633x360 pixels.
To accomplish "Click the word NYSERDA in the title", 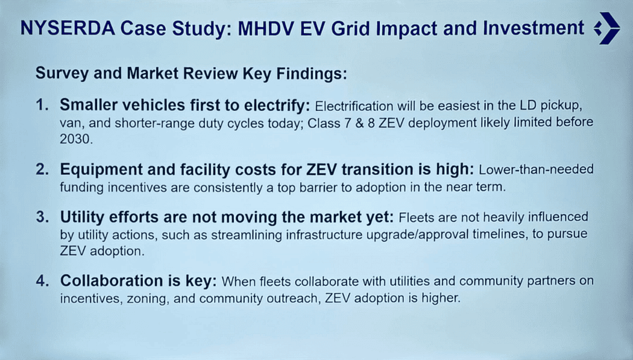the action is [68, 29].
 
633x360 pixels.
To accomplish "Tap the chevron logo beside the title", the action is [606, 28].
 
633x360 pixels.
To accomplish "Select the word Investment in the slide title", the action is [534, 28].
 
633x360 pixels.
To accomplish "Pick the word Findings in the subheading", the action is [311, 74].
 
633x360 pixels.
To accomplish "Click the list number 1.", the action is [42, 106].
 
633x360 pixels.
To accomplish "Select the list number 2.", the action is [42, 169].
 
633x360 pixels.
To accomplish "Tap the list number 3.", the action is [42, 217].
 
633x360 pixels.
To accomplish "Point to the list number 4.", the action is [42, 281].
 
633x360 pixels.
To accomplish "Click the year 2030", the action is [76, 139].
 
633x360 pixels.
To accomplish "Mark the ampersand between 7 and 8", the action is [359, 122].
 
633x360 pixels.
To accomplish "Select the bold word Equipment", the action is [101, 170].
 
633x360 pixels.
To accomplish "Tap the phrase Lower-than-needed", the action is [536, 169].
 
